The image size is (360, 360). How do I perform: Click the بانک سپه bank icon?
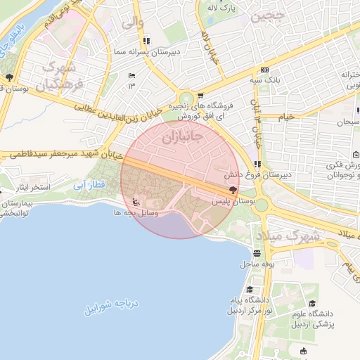[264, 70]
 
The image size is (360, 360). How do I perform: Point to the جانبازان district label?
[181, 136]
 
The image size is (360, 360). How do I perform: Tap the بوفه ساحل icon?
[257, 254]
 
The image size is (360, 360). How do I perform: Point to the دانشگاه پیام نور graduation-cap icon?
[250, 289]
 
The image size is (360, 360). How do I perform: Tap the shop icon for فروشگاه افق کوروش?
[200, 96]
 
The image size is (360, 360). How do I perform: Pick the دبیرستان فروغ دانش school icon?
[257, 164]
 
